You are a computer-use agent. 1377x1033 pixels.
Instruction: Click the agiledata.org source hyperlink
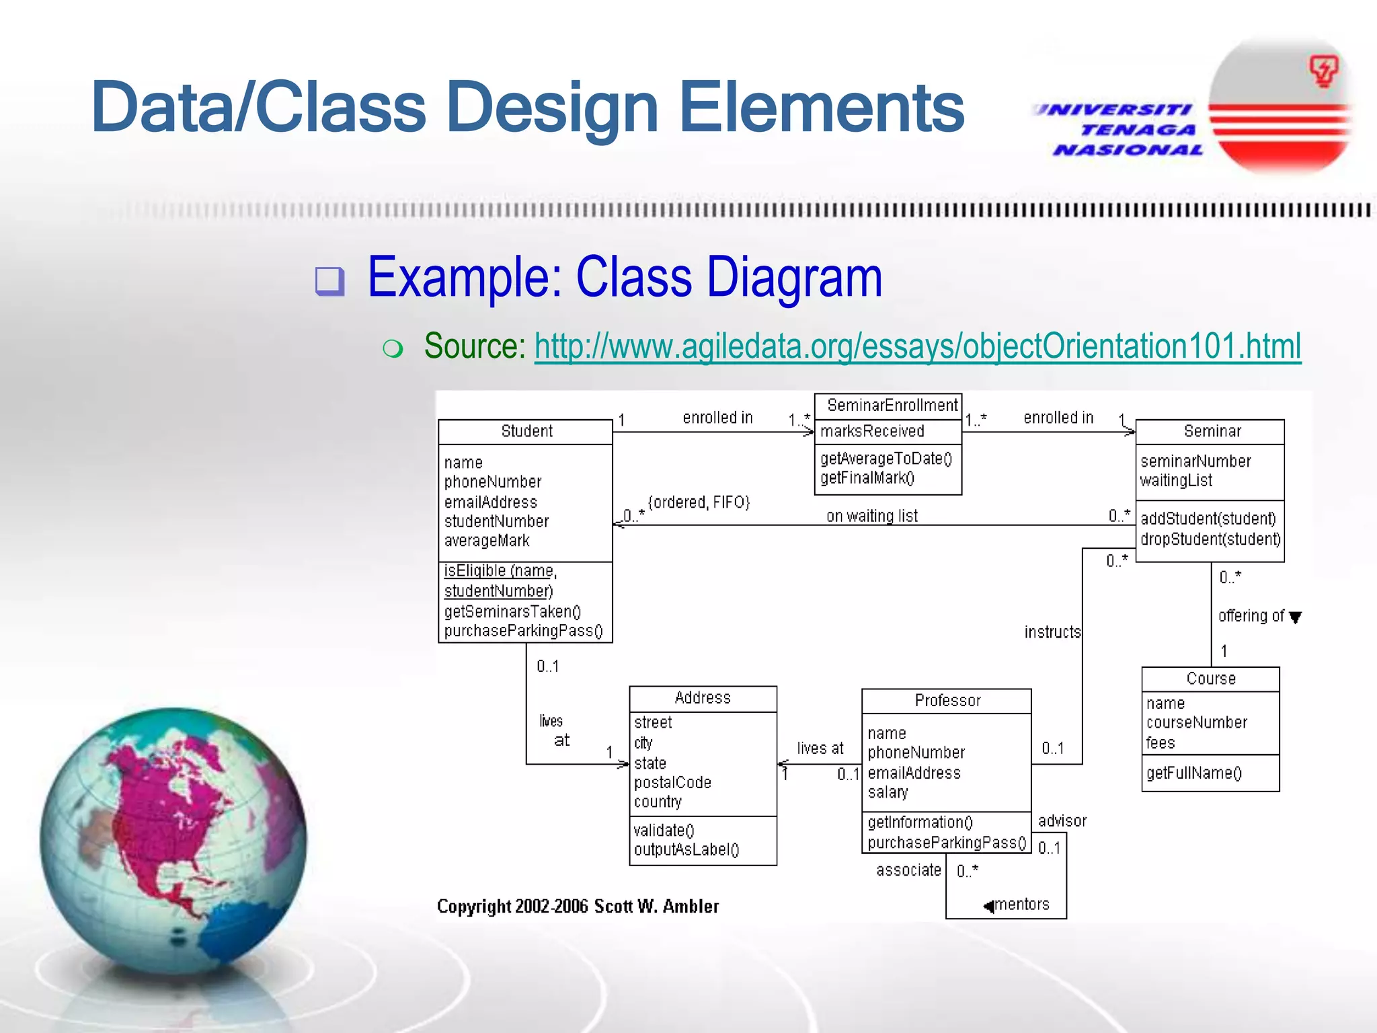pyautogui.click(x=917, y=347)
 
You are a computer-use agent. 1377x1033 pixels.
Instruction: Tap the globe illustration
pyautogui.click(x=173, y=841)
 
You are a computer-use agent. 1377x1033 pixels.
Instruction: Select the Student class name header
pyautogui.click(x=526, y=432)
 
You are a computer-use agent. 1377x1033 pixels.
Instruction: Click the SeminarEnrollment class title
pyautogui.click(x=892, y=406)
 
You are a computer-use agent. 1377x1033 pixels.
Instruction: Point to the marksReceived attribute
pyautogui.click(x=872, y=432)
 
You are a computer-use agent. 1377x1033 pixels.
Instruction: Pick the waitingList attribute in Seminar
pyautogui.click(x=1176, y=481)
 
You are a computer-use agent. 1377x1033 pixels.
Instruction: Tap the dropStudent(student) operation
pyautogui.click(x=1210, y=539)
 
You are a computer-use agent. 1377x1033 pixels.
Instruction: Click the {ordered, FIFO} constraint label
pyautogui.click(x=699, y=502)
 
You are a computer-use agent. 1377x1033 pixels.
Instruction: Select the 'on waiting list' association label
pyautogui.click(x=871, y=516)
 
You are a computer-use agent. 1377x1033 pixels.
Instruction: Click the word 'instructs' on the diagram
pyautogui.click(x=1052, y=632)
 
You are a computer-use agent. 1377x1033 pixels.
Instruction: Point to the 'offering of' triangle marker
pyautogui.click(x=1296, y=617)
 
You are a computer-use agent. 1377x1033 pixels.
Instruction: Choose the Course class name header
pyautogui.click(x=1210, y=679)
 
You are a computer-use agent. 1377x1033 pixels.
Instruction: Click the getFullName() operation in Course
pyautogui.click(x=1193, y=773)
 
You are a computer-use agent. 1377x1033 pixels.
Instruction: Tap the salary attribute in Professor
pyautogui.click(x=888, y=792)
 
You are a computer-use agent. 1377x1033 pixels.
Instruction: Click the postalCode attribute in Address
pyautogui.click(x=672, y=783)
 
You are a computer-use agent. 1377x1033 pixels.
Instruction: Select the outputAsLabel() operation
pyautogui.click(x=686, y=850)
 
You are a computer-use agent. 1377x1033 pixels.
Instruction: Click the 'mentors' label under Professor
pyautogui.click(x=1021, y=905)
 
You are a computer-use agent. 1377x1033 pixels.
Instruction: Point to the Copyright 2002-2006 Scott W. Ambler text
pyautogui.click(x=578, y=907)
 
